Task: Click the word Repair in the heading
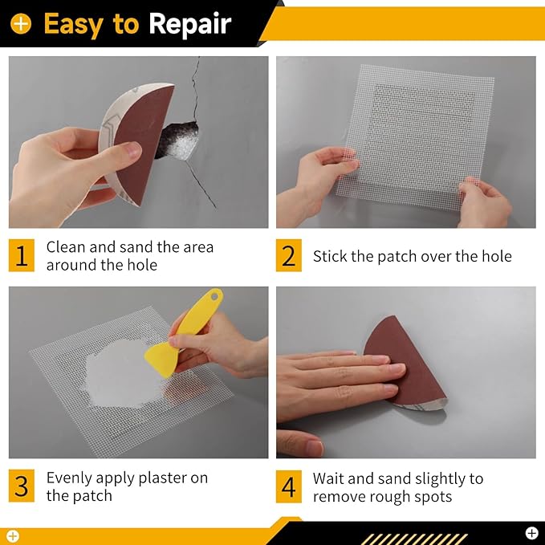[189, 24]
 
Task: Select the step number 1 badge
[22, 255]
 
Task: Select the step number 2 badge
[289, 255]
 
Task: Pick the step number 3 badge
[22, 486]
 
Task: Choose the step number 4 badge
[289, 486]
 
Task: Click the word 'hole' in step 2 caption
[494, 257]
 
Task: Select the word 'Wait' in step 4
[329, 478]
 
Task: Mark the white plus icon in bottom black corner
[531, 532]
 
